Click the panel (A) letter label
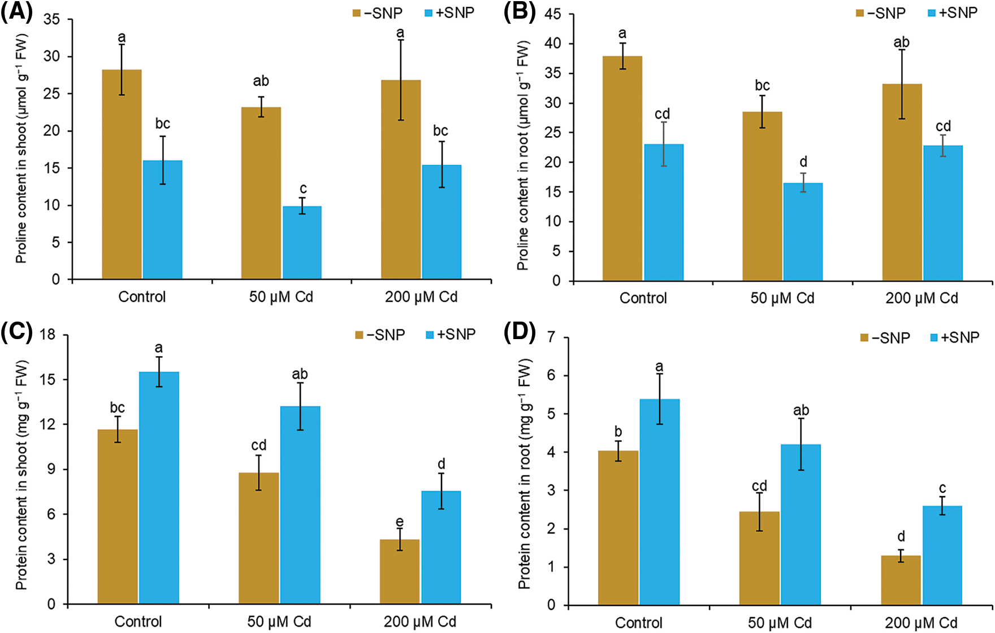pyautogui.click(x=17, y=12)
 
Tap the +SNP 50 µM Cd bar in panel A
pyautogui.click(x=302, y=242)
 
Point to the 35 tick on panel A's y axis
pyautogui.click(x=51, y=20)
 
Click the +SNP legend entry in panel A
pyautogui.click(x=449, y=13)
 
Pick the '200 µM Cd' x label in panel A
pyautogui.click(x=421, y=297)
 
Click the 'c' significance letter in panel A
pyautogui.click(x=303, y=188)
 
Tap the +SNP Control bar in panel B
pyautogui.click(x=664, y=212)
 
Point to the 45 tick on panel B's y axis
pyautogui.click(x=552, y=14)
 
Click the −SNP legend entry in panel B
pyautogui.click(x=881, y=13)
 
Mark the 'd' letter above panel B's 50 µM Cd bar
pyautogui.click(x=803, y=162)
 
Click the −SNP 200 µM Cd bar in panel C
pyautogui.click(x=400, y=571)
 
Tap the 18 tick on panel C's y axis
pyautogui.click(x=47, y=335)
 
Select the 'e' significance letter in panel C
pyautogui.click(x=400, y=522)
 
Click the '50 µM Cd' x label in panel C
pyautogui.click(x=279, y=622)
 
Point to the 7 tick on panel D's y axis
pyautogui.click(x=551, y=337)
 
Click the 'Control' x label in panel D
pyautogui.click(x=639, y=623)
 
